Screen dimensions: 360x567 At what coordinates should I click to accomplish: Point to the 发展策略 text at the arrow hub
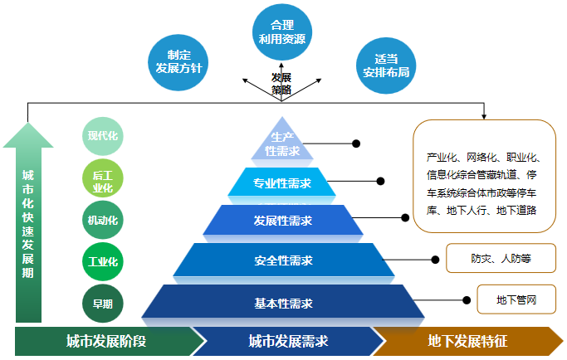(281, 83)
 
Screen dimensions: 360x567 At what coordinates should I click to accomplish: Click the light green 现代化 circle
(103, 136)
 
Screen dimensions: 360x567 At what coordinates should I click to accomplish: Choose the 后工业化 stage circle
(103, 180)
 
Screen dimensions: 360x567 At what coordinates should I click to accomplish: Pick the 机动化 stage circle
(103, 221)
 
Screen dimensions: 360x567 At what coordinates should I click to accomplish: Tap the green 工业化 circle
(103, 262)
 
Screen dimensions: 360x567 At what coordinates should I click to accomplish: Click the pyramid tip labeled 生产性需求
(282, 144)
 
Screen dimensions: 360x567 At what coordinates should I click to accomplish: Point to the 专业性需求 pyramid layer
(282, 183)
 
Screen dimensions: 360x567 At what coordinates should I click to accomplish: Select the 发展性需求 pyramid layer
(282, 221)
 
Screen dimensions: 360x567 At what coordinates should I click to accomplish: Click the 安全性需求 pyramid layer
(282, 260)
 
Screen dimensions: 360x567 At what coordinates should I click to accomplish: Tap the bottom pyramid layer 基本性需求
(282, 302)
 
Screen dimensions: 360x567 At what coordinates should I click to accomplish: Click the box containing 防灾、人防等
(501, 258)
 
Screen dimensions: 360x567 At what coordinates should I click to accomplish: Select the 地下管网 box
(516, 299)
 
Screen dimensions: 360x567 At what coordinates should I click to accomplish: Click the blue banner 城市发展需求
(287, 341)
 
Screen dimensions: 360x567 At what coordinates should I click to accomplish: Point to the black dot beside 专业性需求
(381, 181)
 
